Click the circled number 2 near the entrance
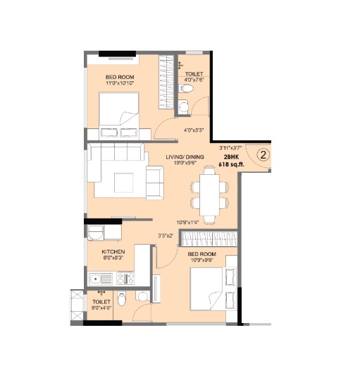[x=263, y=155]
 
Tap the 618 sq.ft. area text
[x=231, y=164]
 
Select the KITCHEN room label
[x=113, y=252]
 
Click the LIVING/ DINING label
[x=185, y=157]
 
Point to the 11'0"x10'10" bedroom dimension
[x=120, y=83]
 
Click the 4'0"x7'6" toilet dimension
[x=194, y=80]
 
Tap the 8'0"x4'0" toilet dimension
[x=101, y=307]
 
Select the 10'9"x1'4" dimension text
[x=187, y=223]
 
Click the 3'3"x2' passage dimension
[x=166, y=236]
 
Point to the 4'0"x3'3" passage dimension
[x=194, y=130]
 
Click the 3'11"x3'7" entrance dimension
[x=230, y=147]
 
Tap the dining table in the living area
[x=209, y=195]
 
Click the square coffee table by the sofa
[x=124, y=183]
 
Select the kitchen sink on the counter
[x=101, y=279]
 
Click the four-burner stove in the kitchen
[x=125, y=278]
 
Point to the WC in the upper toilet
[x=186, y=88]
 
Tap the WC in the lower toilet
[x=122, y=299]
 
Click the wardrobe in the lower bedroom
[x=209, y=238]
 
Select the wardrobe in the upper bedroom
[x=166, y=82]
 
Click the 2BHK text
[x=231, y=157]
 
